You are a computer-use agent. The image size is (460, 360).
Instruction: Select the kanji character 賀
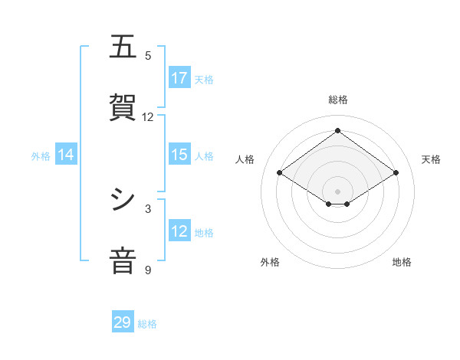[x=123, y=107]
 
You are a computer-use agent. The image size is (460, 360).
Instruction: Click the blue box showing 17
[x=179, y=78]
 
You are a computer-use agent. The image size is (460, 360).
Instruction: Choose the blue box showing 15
[x=179, y=155]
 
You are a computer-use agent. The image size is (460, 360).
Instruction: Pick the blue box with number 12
[x=179, y=231]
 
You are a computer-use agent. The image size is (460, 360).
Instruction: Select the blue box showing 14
[x=66, y=155]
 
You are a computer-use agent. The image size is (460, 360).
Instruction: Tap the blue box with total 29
[x=123, y=322]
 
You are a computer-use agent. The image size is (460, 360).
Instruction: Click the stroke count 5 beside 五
[x=148, y=56]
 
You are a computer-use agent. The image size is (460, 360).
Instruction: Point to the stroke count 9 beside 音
[x=148, y=270]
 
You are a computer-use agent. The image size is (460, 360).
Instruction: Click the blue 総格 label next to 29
[x=147, y=324]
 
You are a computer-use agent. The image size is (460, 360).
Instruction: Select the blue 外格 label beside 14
[x=41, y=156]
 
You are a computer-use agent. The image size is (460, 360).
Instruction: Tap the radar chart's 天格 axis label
[x=431, y=159]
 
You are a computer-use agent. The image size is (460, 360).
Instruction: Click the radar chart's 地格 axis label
[x=402, y=262]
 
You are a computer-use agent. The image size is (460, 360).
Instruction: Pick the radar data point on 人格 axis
[x=280, y=173]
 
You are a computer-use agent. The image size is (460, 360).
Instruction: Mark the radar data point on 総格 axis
[x=337, y=131]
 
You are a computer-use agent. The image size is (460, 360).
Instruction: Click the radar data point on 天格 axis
[x=396, y=173]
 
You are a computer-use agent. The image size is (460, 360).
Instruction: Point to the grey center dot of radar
[x=337, y=191]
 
